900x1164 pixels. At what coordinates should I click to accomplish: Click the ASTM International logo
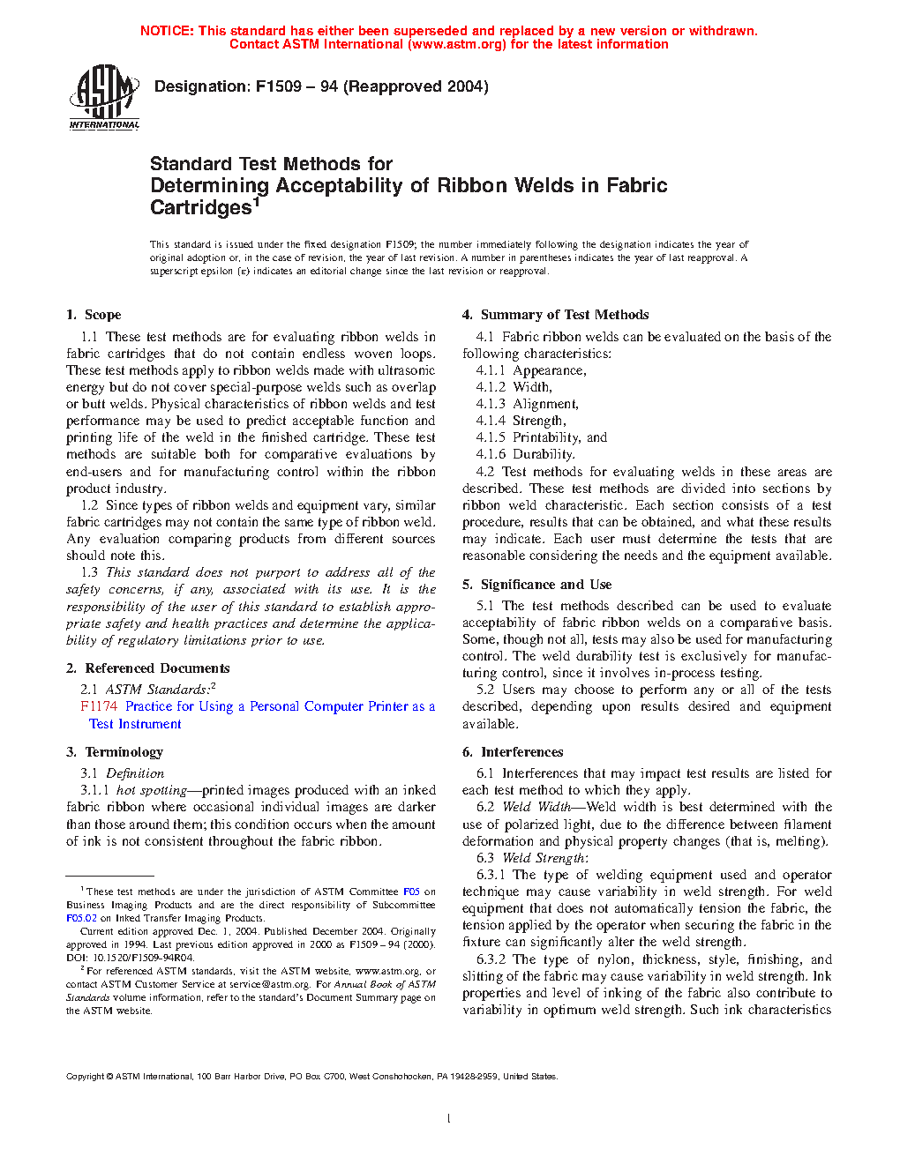click(104, 96)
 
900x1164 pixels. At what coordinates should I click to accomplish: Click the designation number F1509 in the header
click(277, 86)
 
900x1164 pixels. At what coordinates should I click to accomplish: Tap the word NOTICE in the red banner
click(167, 31)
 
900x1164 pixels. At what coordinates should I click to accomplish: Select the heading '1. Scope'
click(94, 315)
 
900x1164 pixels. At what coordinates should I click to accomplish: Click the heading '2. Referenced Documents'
click(147, 668)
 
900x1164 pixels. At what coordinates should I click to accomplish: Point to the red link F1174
click(98, 706)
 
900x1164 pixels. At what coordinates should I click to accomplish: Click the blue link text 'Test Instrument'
click(135, 724)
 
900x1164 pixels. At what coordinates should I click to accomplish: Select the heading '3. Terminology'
click(115, 752)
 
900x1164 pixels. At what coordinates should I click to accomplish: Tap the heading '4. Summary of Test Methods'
click(555, 315)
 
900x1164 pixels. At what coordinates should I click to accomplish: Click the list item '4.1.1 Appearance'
click(531, 370)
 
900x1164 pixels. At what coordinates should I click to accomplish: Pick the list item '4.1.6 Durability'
click(525, 454)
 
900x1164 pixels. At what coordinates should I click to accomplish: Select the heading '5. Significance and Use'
click(536, 585)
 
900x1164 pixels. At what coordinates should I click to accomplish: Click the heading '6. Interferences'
click(513, 752)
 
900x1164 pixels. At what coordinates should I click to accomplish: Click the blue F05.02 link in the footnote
click(81, 918)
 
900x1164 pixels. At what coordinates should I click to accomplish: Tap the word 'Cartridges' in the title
click(201, 208)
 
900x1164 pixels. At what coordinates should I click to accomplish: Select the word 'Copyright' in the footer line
click(85, 1077)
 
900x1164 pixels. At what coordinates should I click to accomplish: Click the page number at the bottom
click(449, 1119)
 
